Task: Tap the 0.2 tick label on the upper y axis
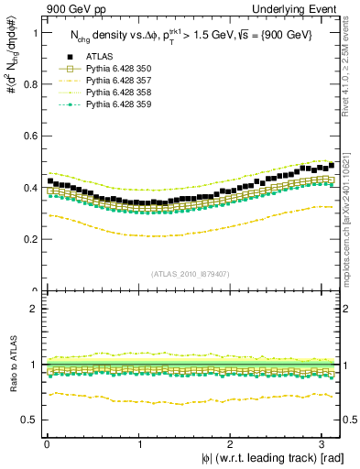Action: click(27, 239)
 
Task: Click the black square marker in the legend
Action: click(64, 56)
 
